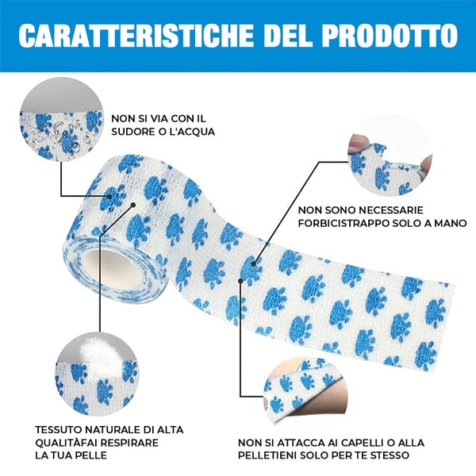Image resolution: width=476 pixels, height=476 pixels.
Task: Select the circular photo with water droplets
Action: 61,124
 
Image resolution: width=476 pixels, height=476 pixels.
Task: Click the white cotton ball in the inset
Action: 90,348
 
